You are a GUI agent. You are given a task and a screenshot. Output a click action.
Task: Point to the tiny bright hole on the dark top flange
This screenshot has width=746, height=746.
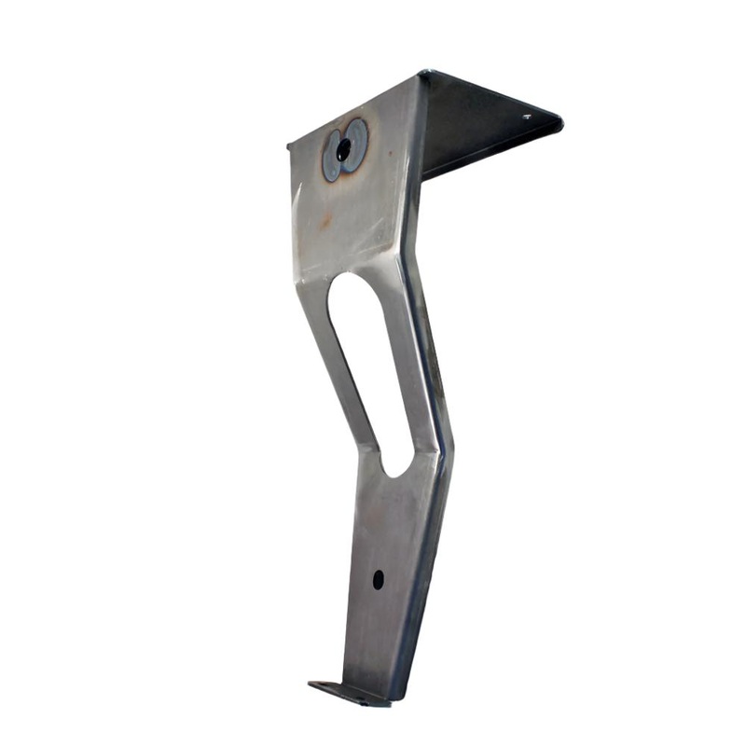pyautogui.click(x=527, y=117)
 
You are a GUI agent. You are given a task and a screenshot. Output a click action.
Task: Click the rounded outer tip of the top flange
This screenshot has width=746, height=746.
pyautogui.click(x=558, y=120)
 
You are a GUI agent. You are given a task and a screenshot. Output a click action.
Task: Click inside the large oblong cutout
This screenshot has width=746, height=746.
pyautogui.click(x=368, y=364)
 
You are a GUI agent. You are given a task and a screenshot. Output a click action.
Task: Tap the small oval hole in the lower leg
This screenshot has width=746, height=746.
pyautogui.click(x=378, y=579)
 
